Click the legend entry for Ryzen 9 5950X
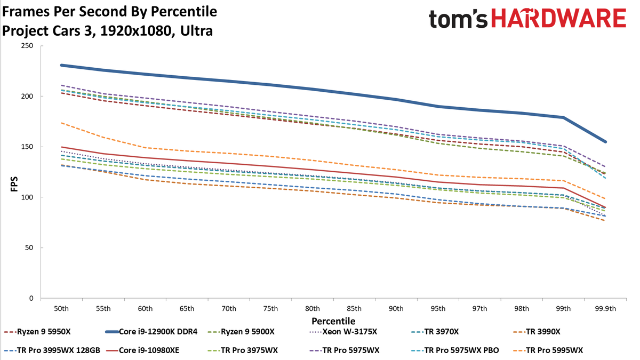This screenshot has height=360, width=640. tap(37, 332)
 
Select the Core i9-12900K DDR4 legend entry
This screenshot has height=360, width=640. tap(151, 332)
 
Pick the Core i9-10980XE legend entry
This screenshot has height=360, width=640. tap(142, 350)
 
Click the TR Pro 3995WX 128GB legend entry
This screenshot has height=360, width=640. tap(52, 350)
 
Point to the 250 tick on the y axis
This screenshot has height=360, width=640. tap(27, 46)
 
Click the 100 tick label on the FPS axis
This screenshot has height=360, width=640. tap(27, 197)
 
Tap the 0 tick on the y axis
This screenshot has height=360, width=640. tap(31, 298)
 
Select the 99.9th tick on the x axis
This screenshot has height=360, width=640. tap(605, 309)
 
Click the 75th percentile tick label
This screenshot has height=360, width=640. tap(270, 309)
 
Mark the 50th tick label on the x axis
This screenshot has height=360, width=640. tap(61, 309)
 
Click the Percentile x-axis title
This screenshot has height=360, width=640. tap(333, 321)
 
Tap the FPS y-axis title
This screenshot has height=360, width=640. tap(14, 185)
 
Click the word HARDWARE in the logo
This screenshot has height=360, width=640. tap(559, 18)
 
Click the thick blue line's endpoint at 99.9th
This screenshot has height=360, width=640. tap(605, 142)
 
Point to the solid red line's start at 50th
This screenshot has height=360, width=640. tap(61, 147)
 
